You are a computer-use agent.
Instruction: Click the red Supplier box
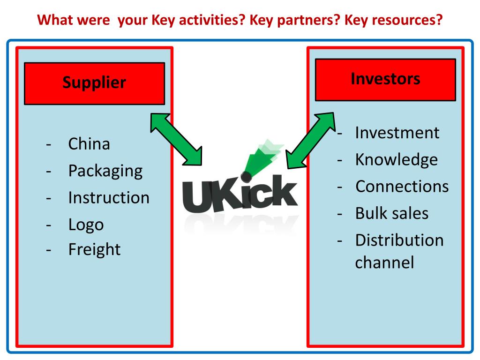pos(94,83)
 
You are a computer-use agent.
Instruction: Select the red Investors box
pos(385,79)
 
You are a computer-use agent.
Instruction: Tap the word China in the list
pos(89,143)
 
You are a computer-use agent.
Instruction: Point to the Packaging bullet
pos(105,170)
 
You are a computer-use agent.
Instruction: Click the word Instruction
pos(109,197)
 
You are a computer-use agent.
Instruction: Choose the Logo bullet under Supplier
pos(86,224)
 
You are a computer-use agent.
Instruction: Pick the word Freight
pos(94,249)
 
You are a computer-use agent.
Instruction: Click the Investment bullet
pos(397,133)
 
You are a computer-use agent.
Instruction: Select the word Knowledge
pos(396,160)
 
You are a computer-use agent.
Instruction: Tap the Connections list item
pos(402,187)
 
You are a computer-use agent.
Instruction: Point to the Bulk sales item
pos(391,213)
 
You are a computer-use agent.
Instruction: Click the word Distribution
pos(399,240)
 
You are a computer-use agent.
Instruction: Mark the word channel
pos(384,262)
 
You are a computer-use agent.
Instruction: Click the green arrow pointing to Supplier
pos(176,139)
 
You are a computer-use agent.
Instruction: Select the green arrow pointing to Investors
pos(310,139)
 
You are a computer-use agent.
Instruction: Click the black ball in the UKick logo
pos(245,176)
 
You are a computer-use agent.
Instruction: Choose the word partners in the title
pos(306,21)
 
